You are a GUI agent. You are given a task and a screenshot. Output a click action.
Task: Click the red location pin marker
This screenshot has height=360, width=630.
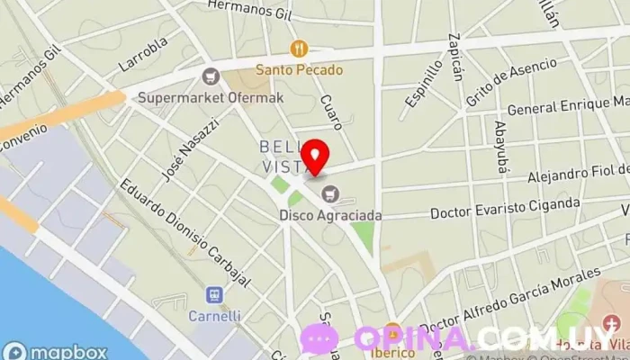pyautogui.click(x=314, y=157)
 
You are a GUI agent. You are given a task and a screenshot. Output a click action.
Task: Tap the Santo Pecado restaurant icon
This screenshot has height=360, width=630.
pyautogui.click(x=299, y=49)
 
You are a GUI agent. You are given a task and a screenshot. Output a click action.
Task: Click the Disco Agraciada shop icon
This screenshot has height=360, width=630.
pyautogui.click(x=330, y=193)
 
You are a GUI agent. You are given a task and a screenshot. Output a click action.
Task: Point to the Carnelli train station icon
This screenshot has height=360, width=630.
pyautogui.click(x=214, y=295)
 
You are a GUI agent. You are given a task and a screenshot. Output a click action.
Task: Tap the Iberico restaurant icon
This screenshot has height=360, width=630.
pyautogui.click(x=392, y=331)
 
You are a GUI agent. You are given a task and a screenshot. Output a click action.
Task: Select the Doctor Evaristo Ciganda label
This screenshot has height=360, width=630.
pyautogui.click(x=505, y=209)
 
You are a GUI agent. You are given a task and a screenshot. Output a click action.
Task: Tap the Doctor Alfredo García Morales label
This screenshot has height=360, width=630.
pyautogui.click(x=509, y=301)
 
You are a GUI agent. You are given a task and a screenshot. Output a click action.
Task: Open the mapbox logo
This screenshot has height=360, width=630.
pyautogui.click(x=56, y=352)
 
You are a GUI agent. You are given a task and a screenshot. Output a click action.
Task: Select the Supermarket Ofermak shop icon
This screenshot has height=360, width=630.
pyautogui.click(x=212, y=76)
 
